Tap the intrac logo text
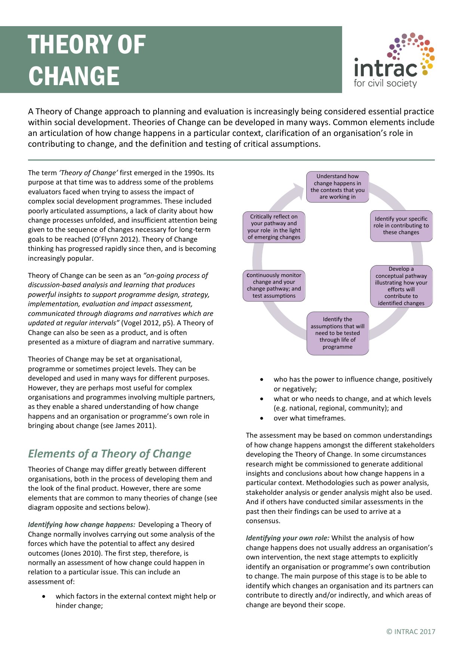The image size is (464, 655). coord(385,69)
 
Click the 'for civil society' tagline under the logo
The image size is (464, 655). coord(385,83)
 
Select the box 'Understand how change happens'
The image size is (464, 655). coord(337,187)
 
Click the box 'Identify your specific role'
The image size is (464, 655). coord(401,226)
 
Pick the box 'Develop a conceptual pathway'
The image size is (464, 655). coord(401,286)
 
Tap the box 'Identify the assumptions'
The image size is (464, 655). coord(337,333)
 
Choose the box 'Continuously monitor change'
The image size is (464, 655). coord(274,286)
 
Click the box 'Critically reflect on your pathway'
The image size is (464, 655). coord(274,227)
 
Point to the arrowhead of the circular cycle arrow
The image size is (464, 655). coord(299,190)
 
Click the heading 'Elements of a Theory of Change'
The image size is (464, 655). coord(110,454)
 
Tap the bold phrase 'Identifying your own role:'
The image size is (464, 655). coord(287,538)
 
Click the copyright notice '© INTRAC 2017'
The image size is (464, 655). coord(411,631)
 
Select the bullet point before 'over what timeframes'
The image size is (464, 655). coord(261,418)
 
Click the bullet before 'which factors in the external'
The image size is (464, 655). coord(44,596)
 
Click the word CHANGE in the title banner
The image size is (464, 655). coord(74,76)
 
